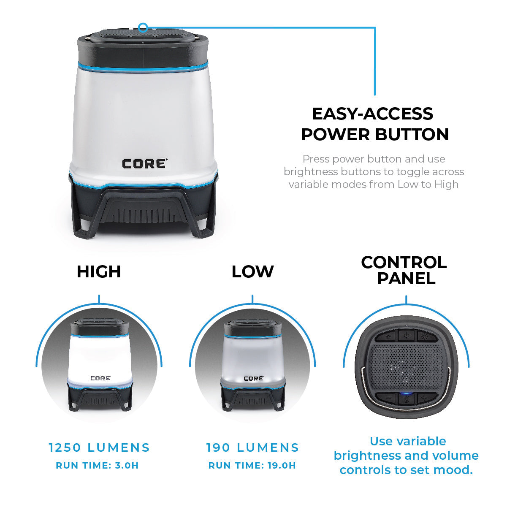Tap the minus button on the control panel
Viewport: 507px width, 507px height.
tap(386, 398)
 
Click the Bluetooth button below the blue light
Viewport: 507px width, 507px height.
tap(406, 400)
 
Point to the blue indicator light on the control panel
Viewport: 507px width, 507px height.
tap(406, 394)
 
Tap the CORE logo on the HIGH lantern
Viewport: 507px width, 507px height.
tap(100, 378)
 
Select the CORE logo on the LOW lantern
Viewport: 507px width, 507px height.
tap(253, 378)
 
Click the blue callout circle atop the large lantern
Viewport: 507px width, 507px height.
tap(143, 28)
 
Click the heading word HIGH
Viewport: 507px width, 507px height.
tap(99, 272)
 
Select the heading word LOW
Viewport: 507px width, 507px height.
tap(252, 272)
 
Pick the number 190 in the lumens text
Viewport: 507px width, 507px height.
tap(218, 447)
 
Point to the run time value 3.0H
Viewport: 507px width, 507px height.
tap(127, 466)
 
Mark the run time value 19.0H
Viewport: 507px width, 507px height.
tap(282, 466)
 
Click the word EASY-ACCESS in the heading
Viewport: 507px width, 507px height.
tap(372, 114)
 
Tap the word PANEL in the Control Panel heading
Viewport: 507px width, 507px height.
tap(406, 278)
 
